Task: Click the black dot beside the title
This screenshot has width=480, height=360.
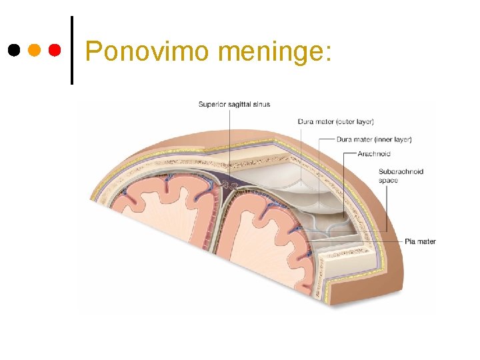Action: [x=13, y=50]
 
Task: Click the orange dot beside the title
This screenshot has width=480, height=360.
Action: [x=34, y=50]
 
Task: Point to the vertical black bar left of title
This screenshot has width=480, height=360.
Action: [x=71, y=50]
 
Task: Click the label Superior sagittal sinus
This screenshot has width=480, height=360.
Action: [x=234, y=104]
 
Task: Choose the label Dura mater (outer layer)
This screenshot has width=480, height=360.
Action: [x=335, y=121]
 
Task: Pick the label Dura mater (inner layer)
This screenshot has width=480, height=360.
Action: [x=374, y=139]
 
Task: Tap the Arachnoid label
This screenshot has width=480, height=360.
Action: [x=374, y=154]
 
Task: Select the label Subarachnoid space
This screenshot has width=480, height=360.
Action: [x=401, y=175]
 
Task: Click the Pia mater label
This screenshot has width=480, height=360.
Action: [x=420, y=241]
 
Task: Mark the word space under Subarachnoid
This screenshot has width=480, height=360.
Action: [x=389, y=180]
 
